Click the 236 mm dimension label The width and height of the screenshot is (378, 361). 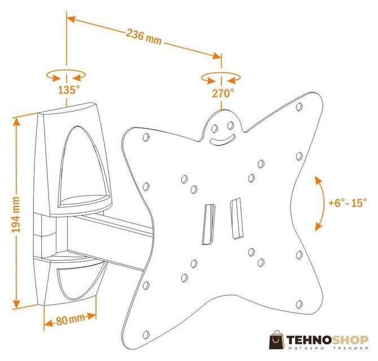point(144,37)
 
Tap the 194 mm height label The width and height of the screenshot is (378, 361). point(16,215)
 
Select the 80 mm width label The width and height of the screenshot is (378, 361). point(71,320)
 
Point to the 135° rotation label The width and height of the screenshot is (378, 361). point(69,90)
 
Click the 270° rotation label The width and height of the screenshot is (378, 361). point(223,93)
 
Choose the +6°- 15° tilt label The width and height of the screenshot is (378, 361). point(348,202)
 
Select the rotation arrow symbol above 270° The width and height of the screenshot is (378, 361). point(221,78)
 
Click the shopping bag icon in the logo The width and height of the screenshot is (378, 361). point(277,340)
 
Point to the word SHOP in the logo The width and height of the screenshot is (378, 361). point(350,340)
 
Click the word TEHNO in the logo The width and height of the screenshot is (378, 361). point(309,340)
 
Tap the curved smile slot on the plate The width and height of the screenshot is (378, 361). point(222,141)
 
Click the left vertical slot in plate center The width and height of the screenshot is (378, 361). point(209,224)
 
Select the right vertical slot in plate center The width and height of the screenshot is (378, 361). point(236,219)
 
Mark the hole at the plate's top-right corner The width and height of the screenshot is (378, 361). point(299,107)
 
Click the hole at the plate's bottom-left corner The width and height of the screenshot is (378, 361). point(146,334)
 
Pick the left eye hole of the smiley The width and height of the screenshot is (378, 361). point(214,129)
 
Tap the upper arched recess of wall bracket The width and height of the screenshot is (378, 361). point(83,166)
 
